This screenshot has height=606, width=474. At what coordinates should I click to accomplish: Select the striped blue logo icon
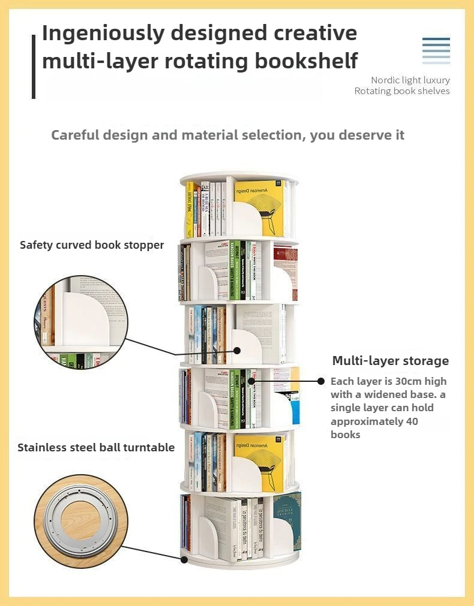tap(436, 50)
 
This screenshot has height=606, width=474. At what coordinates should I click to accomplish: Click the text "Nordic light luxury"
tap(410, 80)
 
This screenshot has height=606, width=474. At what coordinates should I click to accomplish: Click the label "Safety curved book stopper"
tap(92, 245)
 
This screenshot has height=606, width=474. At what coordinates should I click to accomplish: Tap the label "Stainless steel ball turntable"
tap(96, 447)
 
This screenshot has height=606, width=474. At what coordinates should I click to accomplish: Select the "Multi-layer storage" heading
tap(391, 360)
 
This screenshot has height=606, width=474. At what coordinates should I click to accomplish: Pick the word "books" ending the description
tap(346, 435)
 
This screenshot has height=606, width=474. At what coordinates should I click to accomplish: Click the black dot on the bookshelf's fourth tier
tap(251, 380)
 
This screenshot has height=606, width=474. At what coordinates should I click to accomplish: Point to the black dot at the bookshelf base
tap(184, 559)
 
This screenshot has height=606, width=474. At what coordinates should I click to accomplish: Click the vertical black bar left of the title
tap(34, 66)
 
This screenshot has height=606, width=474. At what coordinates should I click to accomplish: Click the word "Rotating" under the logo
tap(372, 91)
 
